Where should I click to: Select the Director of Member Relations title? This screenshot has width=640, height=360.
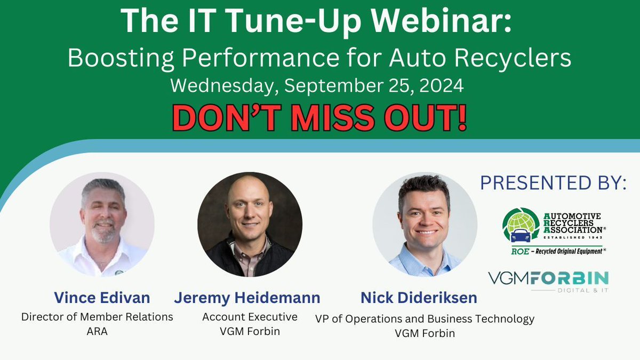tap(97, 316)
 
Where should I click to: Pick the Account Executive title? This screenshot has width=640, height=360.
tap(250, 316)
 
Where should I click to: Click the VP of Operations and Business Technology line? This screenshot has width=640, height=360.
tap(425, 319)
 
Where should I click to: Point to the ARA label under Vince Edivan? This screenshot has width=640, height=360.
tap(97, 331)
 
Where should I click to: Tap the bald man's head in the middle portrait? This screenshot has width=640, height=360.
tap(249, 197)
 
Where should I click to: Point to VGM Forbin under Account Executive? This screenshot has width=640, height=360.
tap(250, 331)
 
